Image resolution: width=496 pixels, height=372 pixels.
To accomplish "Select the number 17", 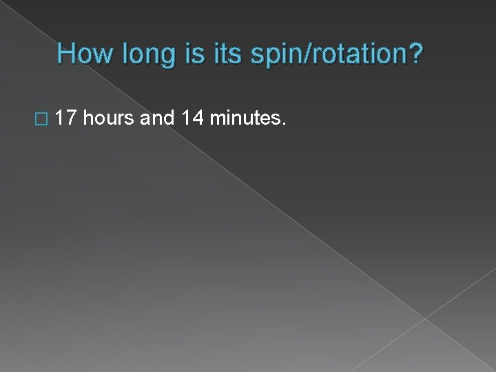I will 67,119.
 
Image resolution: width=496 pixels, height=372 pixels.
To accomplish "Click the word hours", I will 110,119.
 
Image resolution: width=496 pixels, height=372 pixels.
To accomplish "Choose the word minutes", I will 245,119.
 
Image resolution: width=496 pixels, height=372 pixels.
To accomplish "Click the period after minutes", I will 282,125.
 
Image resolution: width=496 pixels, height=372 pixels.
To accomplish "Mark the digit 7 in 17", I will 72,119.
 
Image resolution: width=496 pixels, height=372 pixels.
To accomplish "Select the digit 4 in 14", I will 198,119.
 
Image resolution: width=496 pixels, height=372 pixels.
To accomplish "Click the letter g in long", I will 161,57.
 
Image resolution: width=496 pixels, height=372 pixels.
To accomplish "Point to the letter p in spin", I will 263,57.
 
